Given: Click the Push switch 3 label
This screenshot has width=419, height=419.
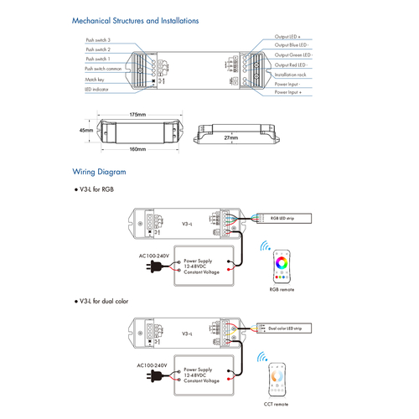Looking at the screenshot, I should [x=97, y=39].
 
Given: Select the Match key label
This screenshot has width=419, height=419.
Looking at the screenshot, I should [x=94, y=80].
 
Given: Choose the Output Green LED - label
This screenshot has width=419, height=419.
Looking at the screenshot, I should [x=293, y=54].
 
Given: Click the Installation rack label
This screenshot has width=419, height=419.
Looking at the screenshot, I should [x=291, y=75].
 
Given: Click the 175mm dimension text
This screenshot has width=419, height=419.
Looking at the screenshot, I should [x=138, y=113].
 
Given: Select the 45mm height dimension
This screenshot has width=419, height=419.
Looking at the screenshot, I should [x=85, y=131].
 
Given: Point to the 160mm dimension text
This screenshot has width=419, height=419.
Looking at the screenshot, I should [x=137, y=149].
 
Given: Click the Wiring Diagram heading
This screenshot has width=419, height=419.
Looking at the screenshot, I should [x=99, y=172].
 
